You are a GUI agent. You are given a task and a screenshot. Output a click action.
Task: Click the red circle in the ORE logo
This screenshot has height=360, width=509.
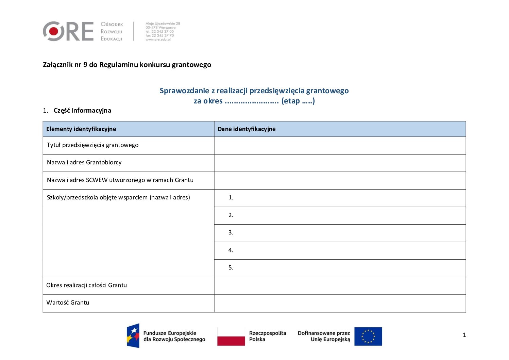54,31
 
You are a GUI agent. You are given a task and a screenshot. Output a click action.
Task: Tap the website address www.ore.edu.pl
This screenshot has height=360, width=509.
158,39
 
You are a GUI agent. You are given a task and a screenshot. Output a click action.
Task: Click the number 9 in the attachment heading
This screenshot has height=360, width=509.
85,65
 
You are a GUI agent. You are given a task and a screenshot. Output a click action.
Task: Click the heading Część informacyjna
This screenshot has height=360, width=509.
82,110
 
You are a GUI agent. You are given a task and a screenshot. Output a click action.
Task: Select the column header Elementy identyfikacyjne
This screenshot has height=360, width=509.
81,129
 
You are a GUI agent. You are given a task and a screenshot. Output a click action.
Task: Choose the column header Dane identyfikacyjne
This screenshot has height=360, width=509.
247,129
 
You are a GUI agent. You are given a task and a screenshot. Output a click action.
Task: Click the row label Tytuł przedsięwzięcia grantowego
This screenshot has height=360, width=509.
92,145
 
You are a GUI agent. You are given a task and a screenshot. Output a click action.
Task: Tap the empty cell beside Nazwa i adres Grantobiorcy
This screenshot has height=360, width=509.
340,163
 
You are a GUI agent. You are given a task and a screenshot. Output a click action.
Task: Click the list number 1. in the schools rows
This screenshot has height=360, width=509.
231,197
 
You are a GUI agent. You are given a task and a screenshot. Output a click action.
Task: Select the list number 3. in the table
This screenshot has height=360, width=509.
231,232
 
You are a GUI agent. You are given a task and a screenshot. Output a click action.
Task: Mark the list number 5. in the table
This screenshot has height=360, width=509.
231,267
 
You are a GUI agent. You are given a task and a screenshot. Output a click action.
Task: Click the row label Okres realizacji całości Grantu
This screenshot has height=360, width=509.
86,285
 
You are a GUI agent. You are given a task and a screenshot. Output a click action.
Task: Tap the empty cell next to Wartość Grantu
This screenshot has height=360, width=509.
340,303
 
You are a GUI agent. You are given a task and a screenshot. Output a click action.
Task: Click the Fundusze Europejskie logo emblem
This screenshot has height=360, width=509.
133,336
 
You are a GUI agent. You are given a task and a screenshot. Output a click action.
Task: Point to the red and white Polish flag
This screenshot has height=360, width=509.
231,336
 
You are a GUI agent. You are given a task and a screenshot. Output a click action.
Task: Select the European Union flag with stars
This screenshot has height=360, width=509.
368,336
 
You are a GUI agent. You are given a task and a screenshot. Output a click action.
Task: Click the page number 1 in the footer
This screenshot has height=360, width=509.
464,335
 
